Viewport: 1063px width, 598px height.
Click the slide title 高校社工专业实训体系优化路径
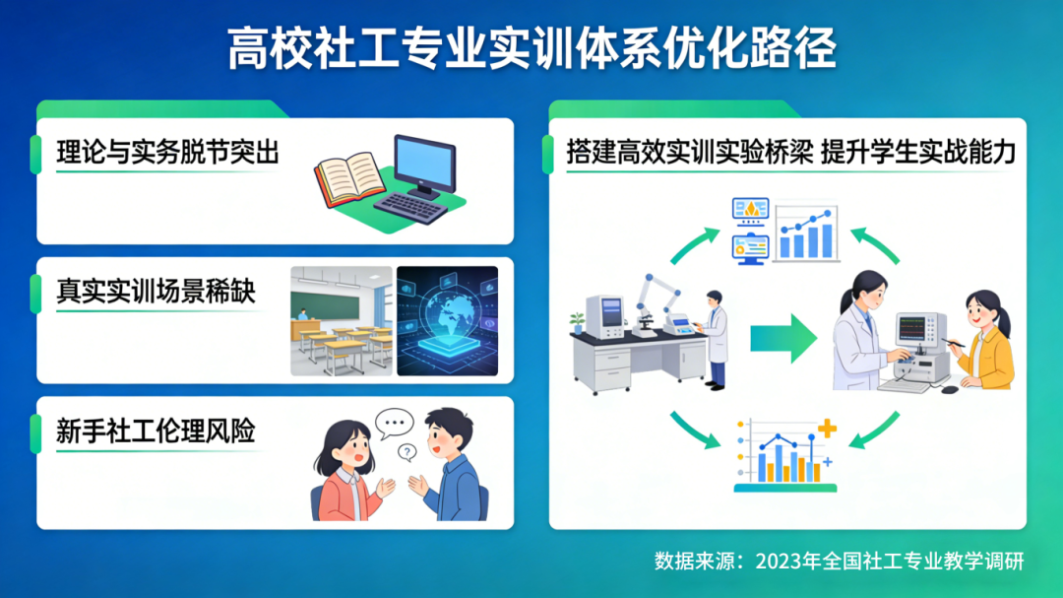click(x=531, y=48)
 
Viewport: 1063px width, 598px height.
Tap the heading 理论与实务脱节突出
click(x=167, y=152)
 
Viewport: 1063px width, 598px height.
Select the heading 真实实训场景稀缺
click(x=156, y=292)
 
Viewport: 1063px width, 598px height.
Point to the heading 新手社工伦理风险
click(x=156, y=432)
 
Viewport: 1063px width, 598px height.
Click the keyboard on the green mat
click(x=410, y=206)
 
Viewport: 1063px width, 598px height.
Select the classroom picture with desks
click(x=342, y=321)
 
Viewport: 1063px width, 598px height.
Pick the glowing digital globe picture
click(x=448, y=321)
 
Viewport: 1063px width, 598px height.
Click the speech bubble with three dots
click(x=394, y=424)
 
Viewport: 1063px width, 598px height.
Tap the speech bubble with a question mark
click(x=407, y=452)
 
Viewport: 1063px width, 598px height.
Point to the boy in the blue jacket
click(x=450, y=466)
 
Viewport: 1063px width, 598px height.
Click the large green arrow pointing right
click(x=783, y=338)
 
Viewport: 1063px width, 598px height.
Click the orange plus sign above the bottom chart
click(x=827, y=429)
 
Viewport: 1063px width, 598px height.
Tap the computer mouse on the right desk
click(x=950, y=389)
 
